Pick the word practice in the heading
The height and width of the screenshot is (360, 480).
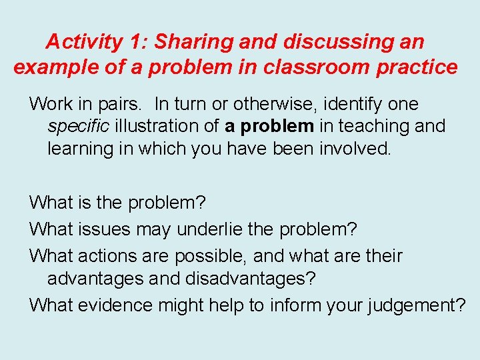click(x=418, y=67)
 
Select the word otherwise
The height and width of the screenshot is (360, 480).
click(x=277, y=104)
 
